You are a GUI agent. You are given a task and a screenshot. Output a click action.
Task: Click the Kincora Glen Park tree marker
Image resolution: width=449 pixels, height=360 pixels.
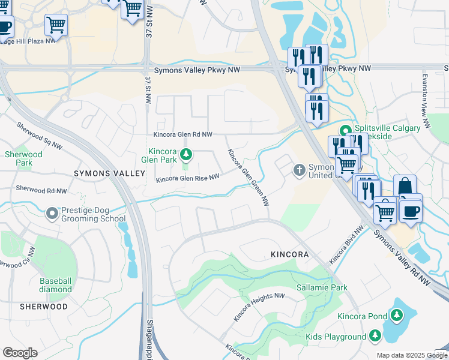pos(186,155)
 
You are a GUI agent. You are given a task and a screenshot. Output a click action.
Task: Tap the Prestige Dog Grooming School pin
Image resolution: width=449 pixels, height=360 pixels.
pos(52,212)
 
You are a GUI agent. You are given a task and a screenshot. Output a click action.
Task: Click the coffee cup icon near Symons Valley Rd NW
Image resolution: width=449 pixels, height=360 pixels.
pos(411,211)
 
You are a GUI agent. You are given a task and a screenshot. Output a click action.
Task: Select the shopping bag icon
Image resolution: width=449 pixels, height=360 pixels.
pos(405,186)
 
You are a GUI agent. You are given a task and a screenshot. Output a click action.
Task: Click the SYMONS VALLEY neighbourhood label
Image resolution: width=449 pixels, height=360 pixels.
pos(109,173)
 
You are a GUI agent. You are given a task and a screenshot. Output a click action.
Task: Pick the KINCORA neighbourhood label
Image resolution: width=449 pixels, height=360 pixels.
pos(289,254)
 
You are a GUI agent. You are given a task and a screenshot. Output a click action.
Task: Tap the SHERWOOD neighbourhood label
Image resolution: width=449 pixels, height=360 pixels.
pos(43,306)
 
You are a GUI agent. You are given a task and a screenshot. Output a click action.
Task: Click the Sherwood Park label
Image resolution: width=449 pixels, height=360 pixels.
pos(23,158)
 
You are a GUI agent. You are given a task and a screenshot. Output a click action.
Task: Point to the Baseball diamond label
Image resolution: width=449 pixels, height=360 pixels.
pos(55,285)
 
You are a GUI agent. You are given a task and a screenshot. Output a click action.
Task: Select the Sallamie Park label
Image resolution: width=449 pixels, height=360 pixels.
pos(322,288)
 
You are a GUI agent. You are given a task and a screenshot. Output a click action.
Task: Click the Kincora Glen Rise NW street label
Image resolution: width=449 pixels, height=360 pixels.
pos(187,178)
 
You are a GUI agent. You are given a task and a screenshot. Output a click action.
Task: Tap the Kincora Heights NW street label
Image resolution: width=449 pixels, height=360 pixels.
pos(259,307)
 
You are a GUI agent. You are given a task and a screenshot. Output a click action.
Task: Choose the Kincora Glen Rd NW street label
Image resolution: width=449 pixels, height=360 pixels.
pos(183,135)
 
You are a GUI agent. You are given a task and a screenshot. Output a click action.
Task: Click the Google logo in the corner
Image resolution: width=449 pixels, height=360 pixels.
pos(20,353)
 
